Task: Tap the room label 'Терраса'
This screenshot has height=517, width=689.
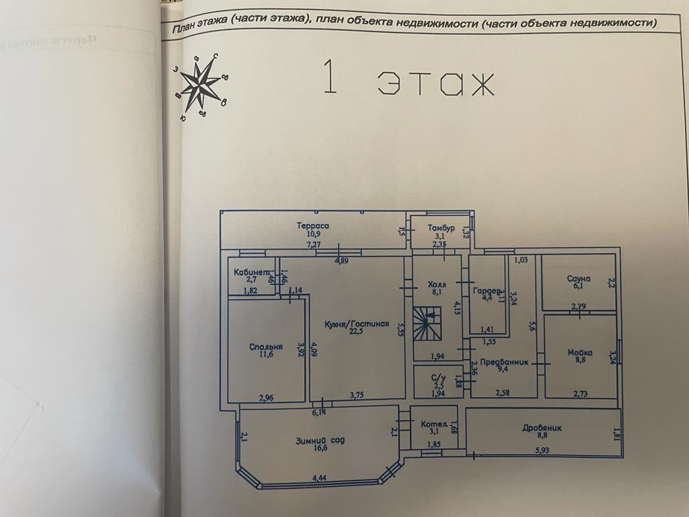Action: click(313, 226)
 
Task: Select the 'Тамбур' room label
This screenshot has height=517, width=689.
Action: click(441, 228)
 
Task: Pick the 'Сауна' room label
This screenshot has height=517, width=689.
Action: click(579, 278)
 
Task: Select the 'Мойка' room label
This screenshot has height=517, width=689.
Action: click(579, 352)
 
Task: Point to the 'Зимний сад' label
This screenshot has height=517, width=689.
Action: click(320, 441)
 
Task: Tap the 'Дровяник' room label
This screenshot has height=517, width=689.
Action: click(542, 427)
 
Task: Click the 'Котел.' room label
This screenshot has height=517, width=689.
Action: click(434, 425)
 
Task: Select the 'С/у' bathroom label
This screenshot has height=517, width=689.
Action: click(438, 377)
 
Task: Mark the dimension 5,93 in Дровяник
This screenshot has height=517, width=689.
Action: click(544, 450)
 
